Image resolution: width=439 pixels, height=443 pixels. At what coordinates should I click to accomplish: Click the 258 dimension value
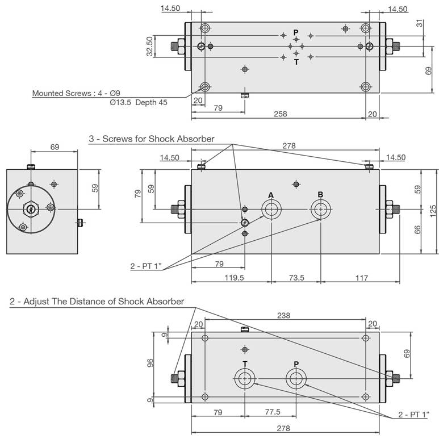[279, 114]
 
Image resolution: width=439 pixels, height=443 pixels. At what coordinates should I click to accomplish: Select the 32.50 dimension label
[150, 47]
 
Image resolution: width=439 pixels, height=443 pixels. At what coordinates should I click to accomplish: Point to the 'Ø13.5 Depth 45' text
[139, 103]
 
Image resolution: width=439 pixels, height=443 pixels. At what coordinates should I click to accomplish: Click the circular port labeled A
[271, 210]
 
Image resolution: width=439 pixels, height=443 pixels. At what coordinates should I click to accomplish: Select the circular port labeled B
[320, 210]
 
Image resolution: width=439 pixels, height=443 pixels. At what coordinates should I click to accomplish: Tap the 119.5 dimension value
[232, 278]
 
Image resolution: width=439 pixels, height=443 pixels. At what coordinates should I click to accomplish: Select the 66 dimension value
[417, 229]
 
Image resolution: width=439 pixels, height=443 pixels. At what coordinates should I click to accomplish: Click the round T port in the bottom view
[245, 379]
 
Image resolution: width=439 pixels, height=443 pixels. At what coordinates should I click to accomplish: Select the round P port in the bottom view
[296, 379]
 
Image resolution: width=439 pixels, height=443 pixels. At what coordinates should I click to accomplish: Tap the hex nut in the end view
[30, 209]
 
